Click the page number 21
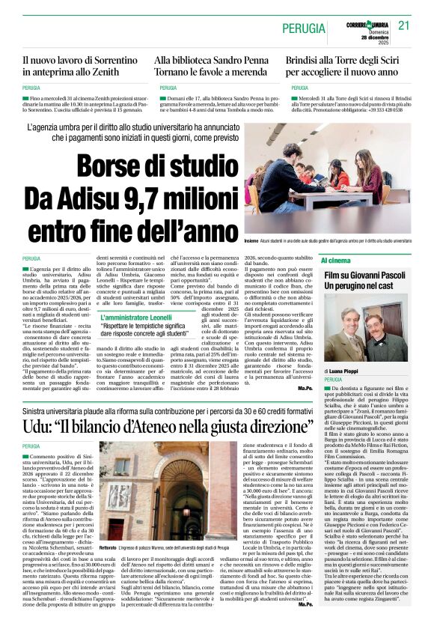coord(405,25)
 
